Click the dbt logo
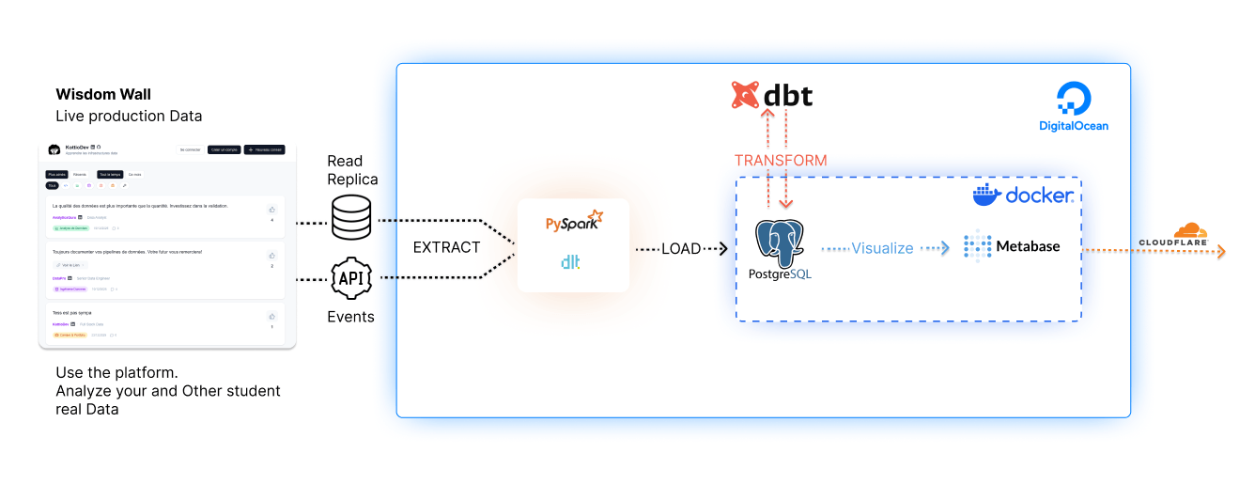(771, 96)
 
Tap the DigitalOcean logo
(1073, 106)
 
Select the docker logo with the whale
(1023, 196)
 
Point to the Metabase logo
(1012, 246)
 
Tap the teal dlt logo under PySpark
(570, 262)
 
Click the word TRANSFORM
(781, 161)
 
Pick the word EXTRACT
(446, 248)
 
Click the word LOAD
(681, 249)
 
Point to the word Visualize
(882, 248)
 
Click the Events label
(350, 317)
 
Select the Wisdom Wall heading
(103, 94)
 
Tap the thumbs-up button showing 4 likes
(271, 210)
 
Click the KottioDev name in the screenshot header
(77, 147)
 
